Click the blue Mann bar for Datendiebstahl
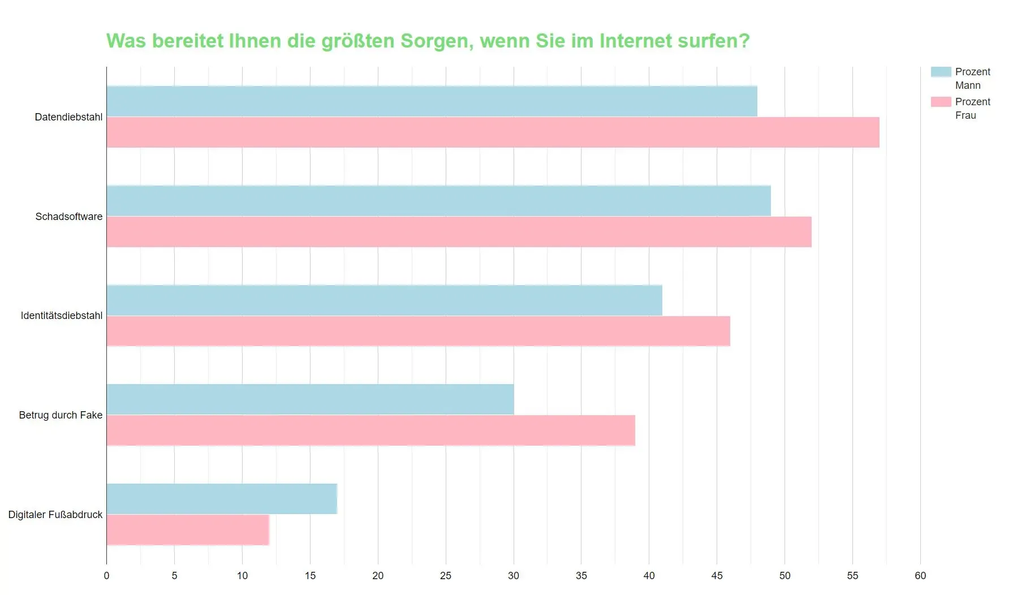coord(432,101)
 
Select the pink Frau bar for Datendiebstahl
coord(493,132)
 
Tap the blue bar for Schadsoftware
coord(438,201)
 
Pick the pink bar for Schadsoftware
coord(459,232)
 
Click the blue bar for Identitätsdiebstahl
coord(384,300)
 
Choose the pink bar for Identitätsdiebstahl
coord(418,331)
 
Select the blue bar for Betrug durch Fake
coord(310,399)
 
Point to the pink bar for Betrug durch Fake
coord(370,430)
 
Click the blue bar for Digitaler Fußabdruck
coord(222,499)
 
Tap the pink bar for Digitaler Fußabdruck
coord(188,530)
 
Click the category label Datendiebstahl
coord(68,117)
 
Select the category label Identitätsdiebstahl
coord(62,316)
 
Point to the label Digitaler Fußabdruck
coord(55,515)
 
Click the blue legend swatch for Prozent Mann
coord(941,72)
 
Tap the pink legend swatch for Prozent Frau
coord(941,102)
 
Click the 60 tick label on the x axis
coord(920,576)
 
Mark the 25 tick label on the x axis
coord(446,576)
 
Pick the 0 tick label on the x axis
coord(106,576)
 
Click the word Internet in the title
coord(636,41)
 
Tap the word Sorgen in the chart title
coord(437,42)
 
